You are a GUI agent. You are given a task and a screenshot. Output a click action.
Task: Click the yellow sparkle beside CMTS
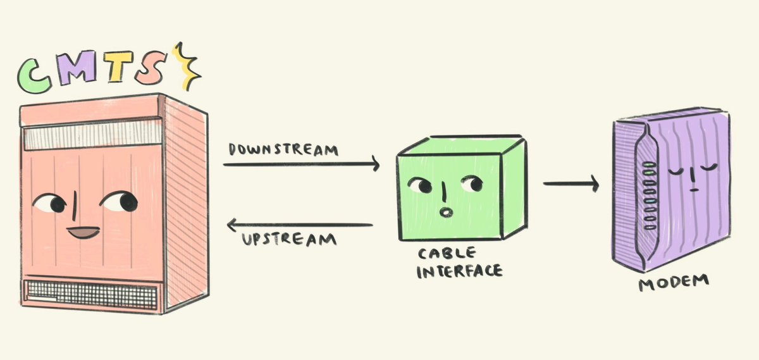pos(187,66)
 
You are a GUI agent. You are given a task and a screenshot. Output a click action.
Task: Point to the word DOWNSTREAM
pos(283,150)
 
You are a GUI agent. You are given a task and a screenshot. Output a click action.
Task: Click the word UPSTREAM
pos(290,240)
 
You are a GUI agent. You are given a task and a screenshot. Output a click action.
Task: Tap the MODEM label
pos(673,282)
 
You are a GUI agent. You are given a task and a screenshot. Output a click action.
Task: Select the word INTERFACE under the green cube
pos(460,271)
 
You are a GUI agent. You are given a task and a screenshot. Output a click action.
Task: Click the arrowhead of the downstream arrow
pos(374,164)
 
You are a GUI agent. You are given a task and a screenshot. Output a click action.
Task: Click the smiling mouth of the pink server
pos(83,233)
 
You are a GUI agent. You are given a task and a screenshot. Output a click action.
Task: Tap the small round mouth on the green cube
pos(445,211)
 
